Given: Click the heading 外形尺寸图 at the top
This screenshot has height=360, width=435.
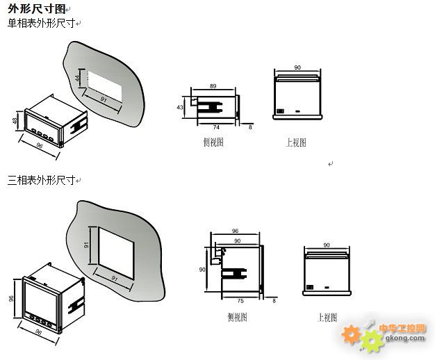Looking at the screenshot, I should (38, 8).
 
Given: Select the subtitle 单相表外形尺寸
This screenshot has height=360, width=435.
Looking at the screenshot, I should (41, 23).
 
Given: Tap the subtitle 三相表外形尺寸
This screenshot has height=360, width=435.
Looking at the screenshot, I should (41, 180).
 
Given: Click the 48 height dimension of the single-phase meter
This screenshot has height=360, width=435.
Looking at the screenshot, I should (15, 121).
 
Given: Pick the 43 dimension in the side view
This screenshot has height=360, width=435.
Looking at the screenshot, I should (180, 108).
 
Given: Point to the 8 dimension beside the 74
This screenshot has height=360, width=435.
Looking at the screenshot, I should (251, 128).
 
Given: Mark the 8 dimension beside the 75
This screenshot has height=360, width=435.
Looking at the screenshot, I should (274, 301).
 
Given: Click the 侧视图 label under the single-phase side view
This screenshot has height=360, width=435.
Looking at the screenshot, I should (213, 142).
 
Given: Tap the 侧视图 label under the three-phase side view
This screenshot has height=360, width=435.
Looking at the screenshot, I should (236, 317).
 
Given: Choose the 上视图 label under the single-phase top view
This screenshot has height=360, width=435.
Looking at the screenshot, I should (296, 142).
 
